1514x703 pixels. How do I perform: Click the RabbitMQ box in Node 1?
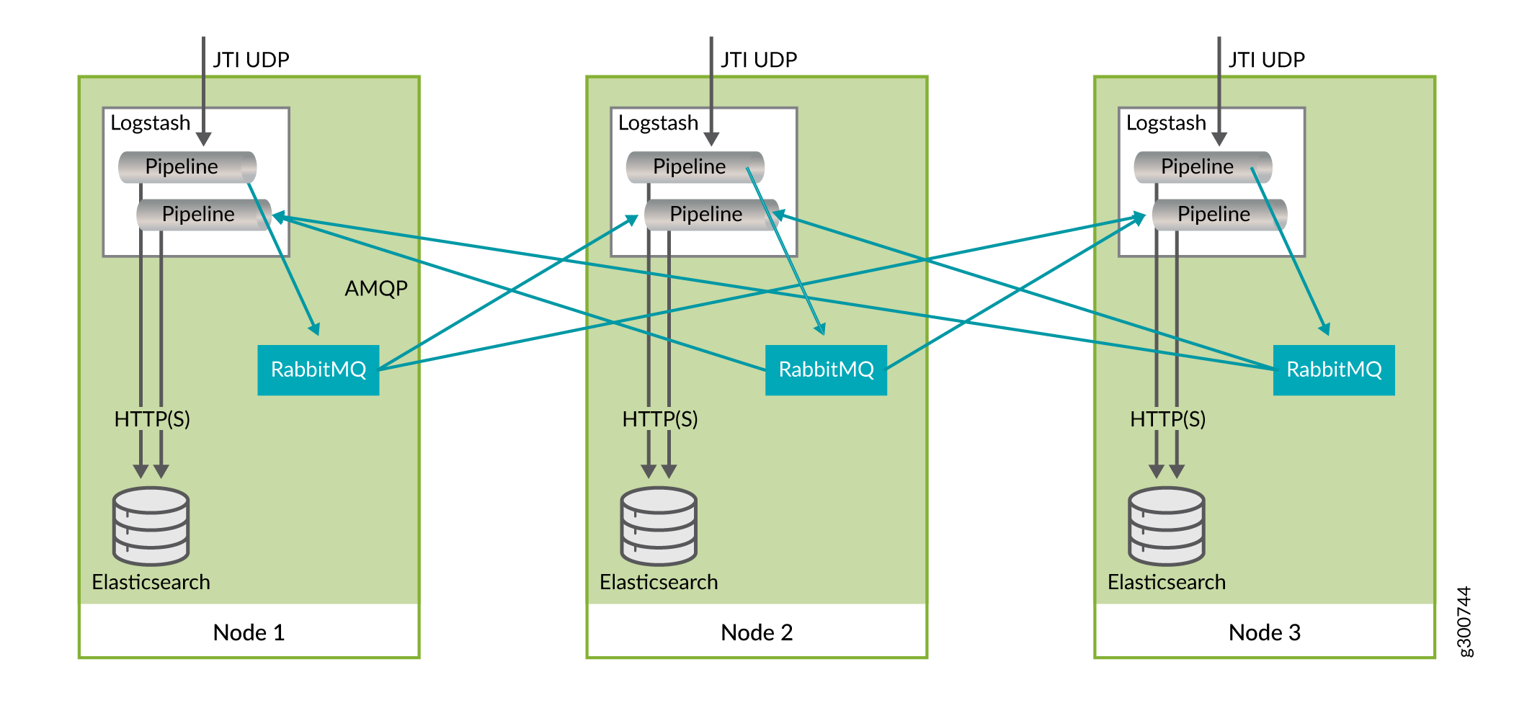pos(318,370)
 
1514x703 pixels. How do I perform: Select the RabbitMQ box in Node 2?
pos(826,370)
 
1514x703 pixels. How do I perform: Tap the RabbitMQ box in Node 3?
pos(1334,370)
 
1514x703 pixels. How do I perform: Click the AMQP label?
pos(376,289)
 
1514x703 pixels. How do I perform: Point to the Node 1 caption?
pos(249,632)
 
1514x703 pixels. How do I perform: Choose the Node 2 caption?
pos(757,632)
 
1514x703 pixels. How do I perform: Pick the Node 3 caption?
pos(1265,632)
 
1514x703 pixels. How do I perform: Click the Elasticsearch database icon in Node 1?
pos(151,526)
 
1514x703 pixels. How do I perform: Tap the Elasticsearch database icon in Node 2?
pos(659,526)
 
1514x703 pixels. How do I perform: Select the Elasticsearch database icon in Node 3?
pos(1167,526)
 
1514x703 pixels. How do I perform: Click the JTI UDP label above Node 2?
pos(759,60)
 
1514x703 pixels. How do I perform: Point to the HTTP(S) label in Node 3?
pos(1167,419)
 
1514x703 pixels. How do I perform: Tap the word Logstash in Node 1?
pos(150,123)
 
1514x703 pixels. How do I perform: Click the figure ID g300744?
pos(1465,621)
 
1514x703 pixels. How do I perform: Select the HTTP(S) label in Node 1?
pos(152,419)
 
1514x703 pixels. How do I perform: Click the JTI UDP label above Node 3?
pos(1267,60)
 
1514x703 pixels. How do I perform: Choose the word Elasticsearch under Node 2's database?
pos(659,582)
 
